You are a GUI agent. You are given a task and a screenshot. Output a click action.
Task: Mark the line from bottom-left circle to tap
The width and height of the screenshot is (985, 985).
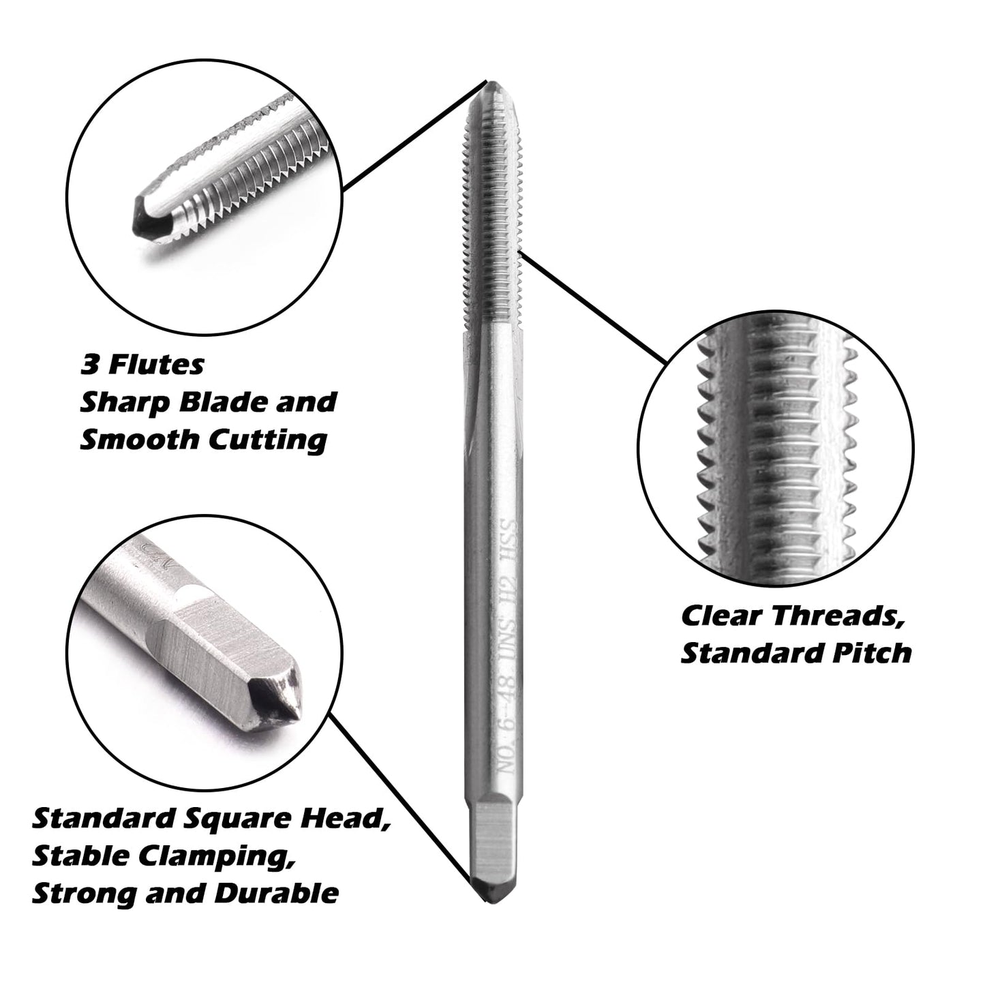click(x=402, y=798)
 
